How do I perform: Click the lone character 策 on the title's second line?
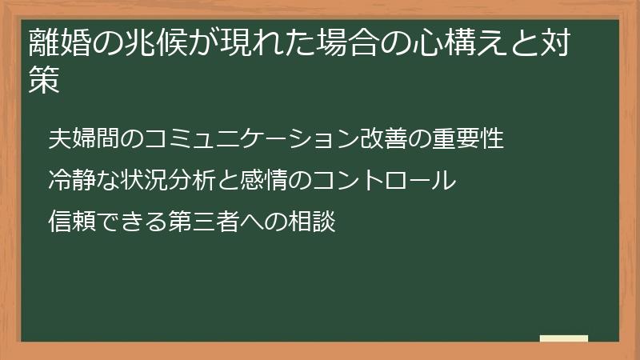[x=44, y=81]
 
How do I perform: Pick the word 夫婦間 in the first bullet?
[x=85, y=138]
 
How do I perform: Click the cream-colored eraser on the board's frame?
[x=564, y=338]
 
